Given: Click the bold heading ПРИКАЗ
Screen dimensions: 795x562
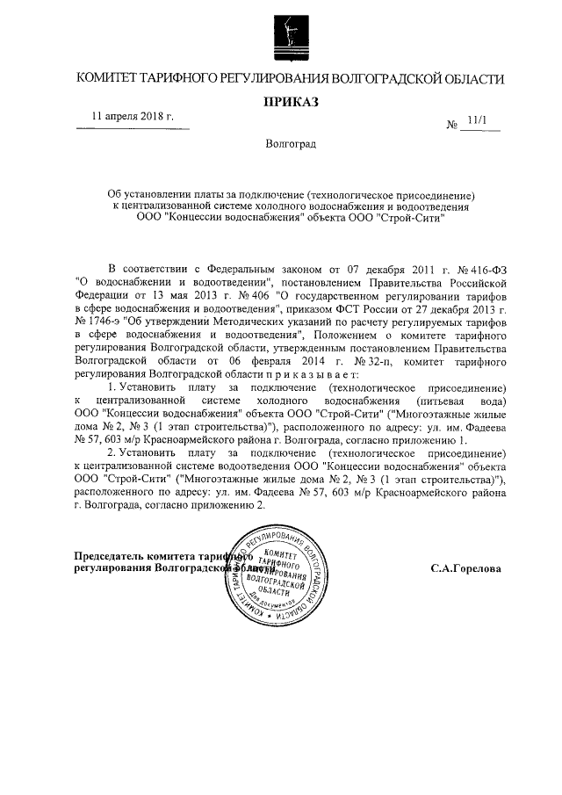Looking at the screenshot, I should pos(291,103).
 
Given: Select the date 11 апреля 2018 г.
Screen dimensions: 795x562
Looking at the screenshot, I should pos(133,117).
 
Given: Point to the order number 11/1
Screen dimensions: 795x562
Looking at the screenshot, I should pos(478,123).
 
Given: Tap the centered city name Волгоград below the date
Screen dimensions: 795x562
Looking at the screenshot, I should pos(291,143).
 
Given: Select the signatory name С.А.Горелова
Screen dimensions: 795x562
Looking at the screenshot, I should pos(466,568).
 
